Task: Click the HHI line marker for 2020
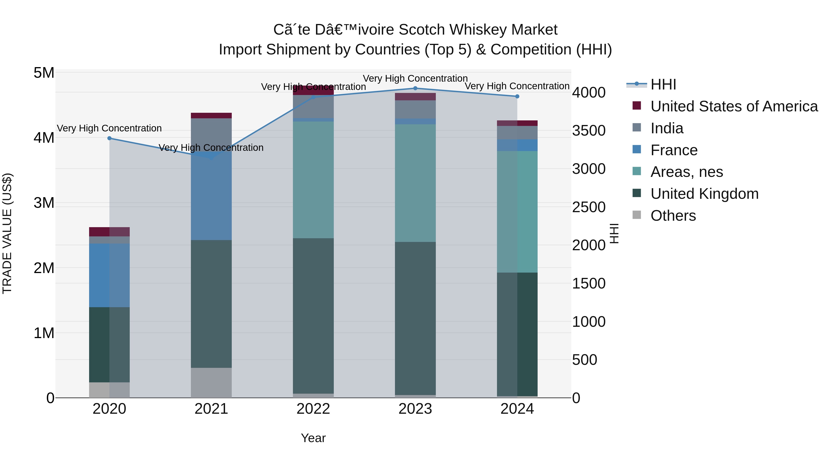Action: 109,138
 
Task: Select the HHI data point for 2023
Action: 415,88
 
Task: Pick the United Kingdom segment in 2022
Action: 313,316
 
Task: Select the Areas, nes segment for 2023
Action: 415,183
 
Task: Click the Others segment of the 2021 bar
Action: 211,383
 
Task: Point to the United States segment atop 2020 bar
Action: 109,232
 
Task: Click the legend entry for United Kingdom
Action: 704,194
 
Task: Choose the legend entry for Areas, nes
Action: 686,172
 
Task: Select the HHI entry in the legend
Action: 663,84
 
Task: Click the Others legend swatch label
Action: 673,216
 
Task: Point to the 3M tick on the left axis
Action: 44,203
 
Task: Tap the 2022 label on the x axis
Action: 313,409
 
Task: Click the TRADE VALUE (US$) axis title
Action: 7,233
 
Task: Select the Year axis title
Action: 313,438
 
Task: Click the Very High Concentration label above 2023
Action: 415,78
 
